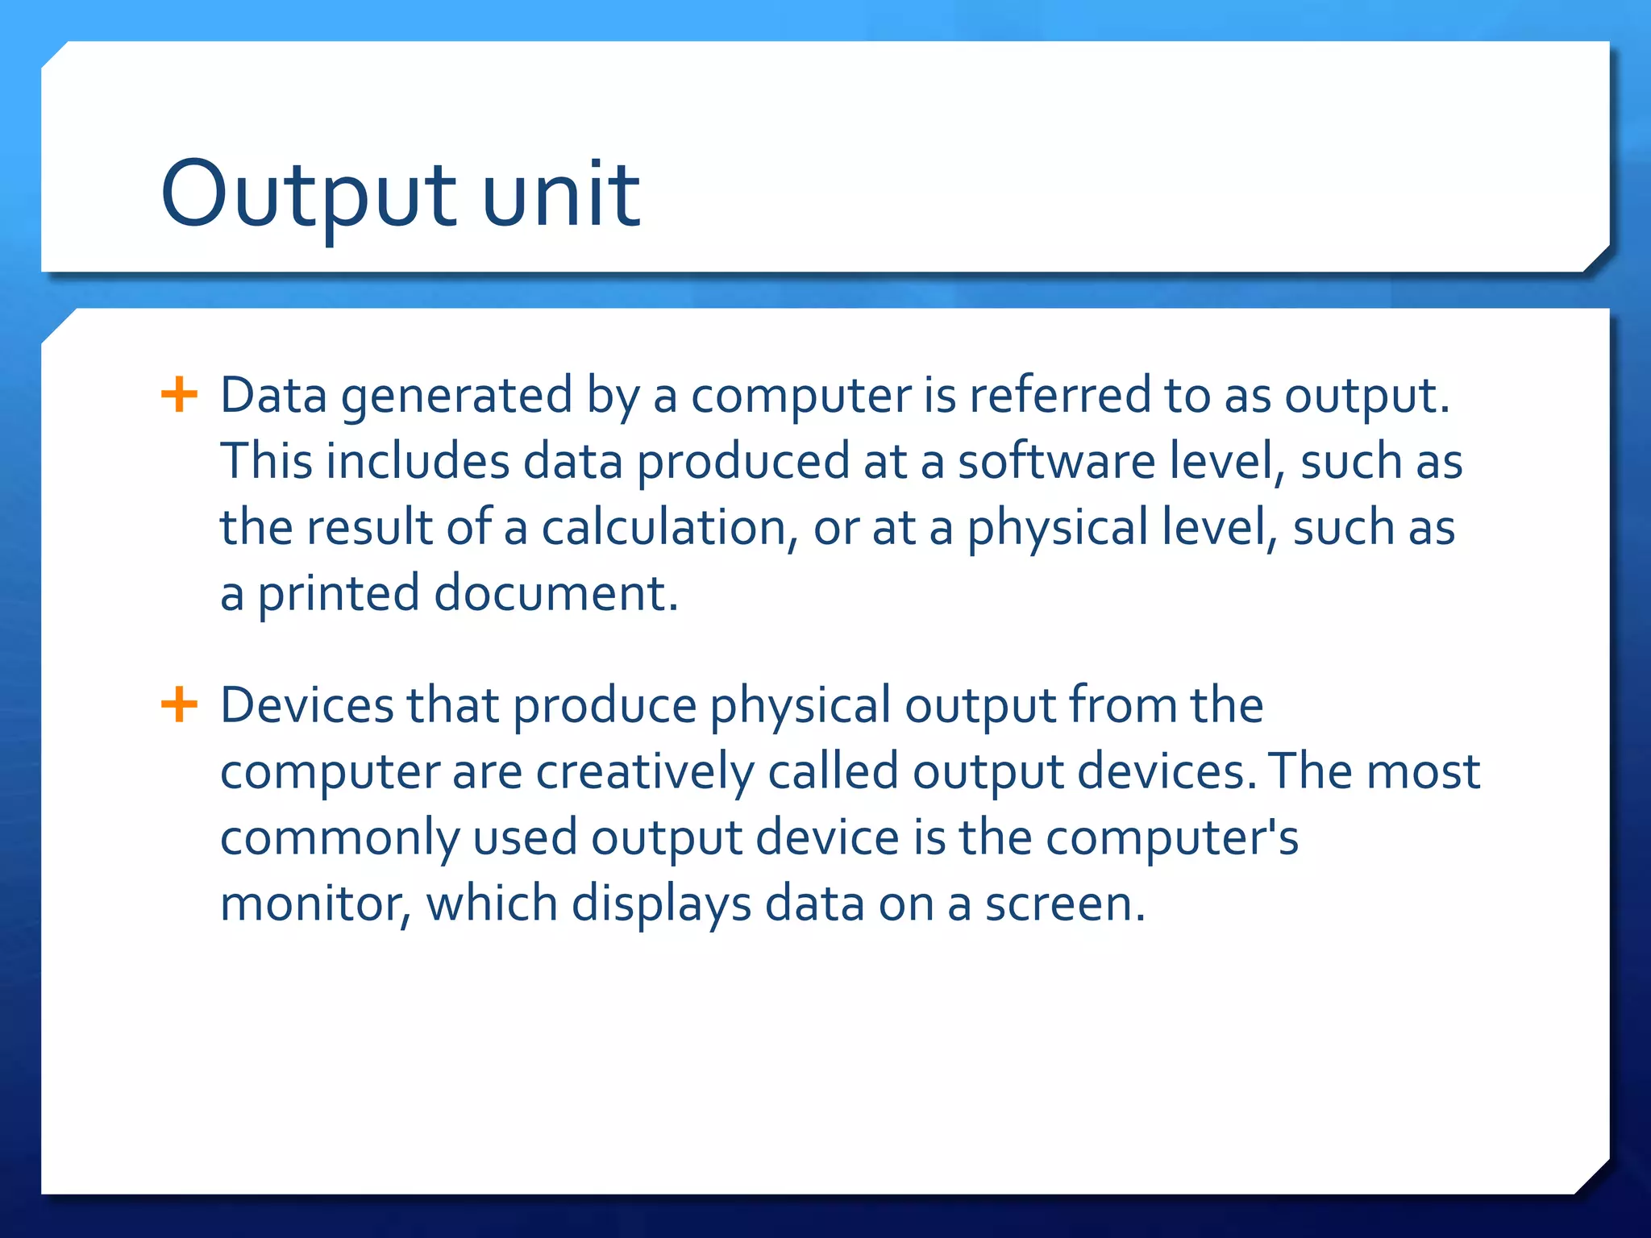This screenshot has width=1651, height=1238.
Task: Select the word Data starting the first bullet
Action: coord(273,396)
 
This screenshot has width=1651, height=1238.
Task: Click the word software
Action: coord(1056,462)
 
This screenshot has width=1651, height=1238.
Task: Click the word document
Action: coord(556,593)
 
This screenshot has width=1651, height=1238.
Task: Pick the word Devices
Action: coord(306,705)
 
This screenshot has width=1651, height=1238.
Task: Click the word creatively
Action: coord(645,772)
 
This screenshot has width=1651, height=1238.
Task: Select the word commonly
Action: coord(339,838)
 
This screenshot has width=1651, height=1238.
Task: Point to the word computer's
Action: coord(1172,838)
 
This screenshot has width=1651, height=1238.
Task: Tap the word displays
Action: coord(661,904)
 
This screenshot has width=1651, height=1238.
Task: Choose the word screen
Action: coord(1064,904)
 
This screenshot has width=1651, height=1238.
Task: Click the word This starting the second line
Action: coord(266,462)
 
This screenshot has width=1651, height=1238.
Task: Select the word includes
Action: coord(418,462)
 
